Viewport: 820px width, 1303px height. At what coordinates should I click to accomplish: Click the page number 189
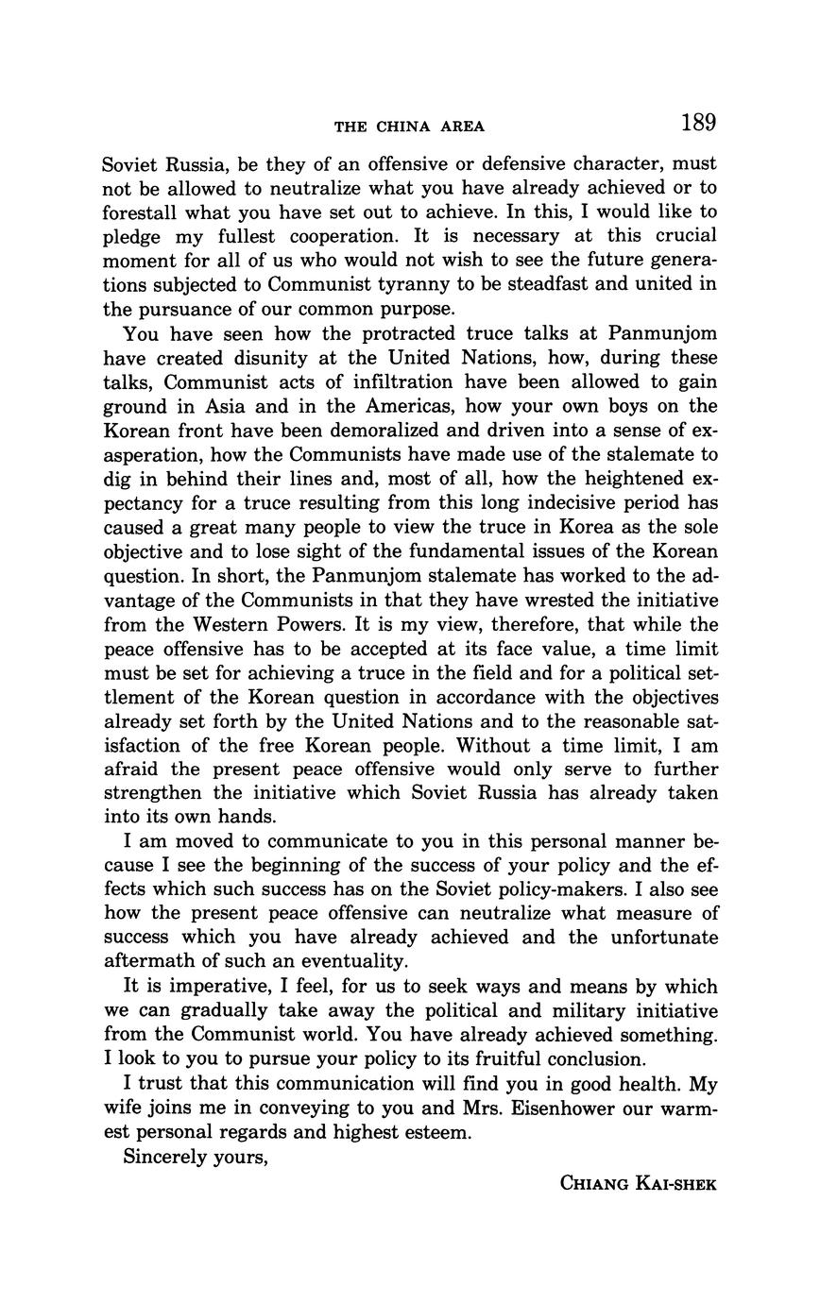(697, 123)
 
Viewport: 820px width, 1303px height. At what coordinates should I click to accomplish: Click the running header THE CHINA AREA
(409, 127)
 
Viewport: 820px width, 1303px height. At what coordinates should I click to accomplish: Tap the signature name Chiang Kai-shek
(639, 1183)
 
